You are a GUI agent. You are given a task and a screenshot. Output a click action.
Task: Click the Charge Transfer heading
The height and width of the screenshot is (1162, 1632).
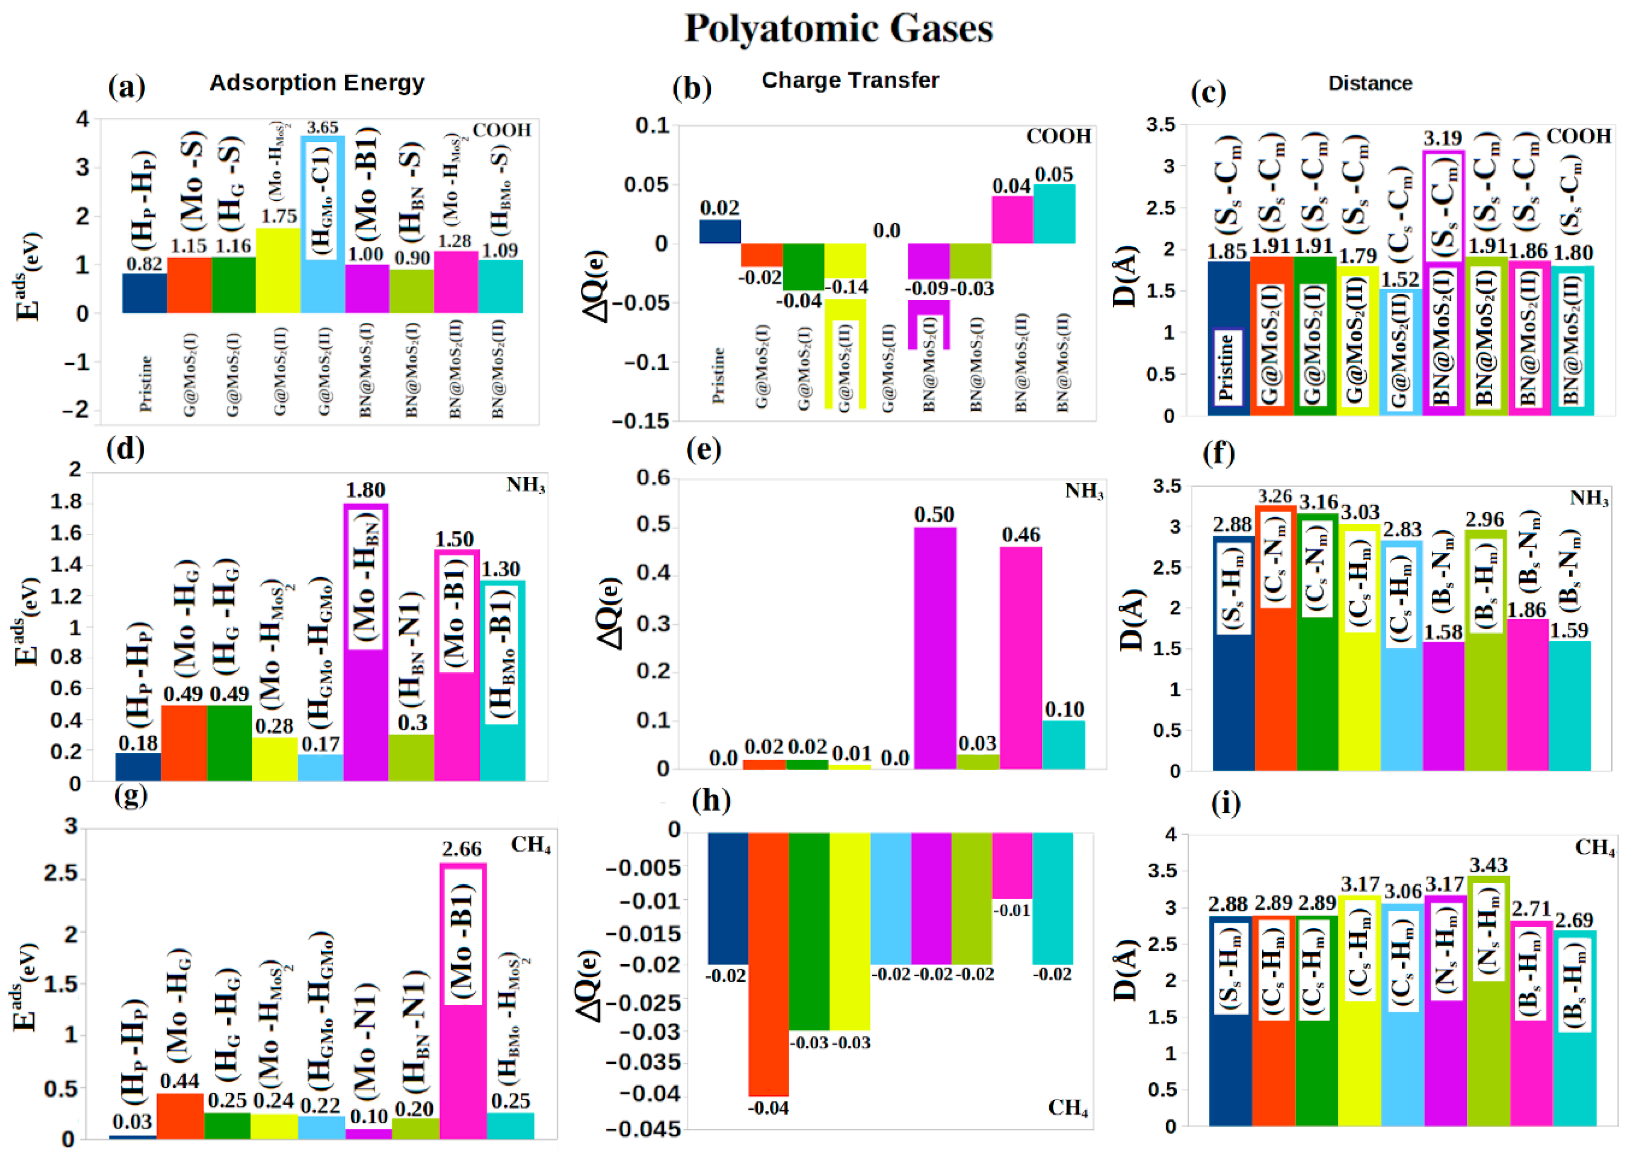point(849,80)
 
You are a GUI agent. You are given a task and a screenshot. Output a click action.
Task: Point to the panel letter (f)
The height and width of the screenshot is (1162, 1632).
point(1218,453)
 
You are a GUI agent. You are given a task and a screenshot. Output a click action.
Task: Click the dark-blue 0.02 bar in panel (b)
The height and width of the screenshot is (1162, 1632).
point(720,232)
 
